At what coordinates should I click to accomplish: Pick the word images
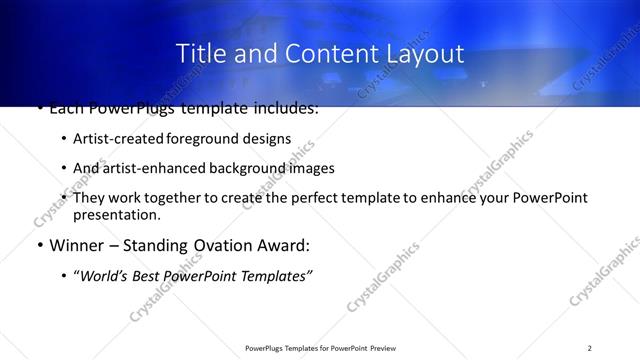310,168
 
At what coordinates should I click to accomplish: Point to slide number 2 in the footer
590,348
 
